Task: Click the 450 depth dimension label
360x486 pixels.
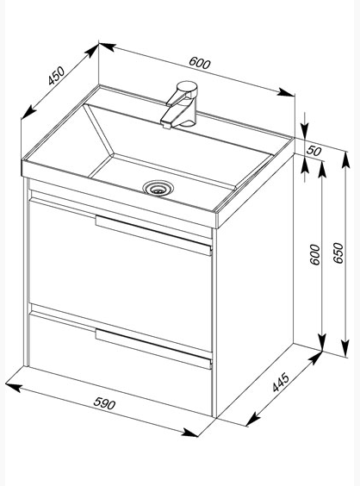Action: [x=56, y=76]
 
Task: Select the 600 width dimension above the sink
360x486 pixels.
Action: [x=200, y=63]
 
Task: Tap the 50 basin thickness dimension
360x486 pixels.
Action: [x=313, y=151]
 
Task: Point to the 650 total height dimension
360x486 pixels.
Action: [x=338, y=253]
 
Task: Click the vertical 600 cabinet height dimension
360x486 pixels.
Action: [x=314, y=254]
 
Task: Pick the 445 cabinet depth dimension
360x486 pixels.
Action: [x=281, y=383]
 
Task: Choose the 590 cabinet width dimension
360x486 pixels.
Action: [x=104, y=403]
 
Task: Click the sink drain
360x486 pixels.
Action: [x=158, y=188]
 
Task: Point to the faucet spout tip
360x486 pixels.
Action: [x=165, y=124]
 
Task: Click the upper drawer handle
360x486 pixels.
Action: [x=153, y=235]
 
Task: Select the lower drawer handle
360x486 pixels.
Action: [x=153, y=349]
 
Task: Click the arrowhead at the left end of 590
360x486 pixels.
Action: [x=14, y=387]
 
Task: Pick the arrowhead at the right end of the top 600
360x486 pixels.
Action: [x=286, y=92]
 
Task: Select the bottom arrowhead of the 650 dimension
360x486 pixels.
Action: [x=345, y=348]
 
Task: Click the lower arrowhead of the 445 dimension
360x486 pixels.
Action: [x=253, y=419]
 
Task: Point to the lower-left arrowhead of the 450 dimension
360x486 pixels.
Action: [x=28, y=112]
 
